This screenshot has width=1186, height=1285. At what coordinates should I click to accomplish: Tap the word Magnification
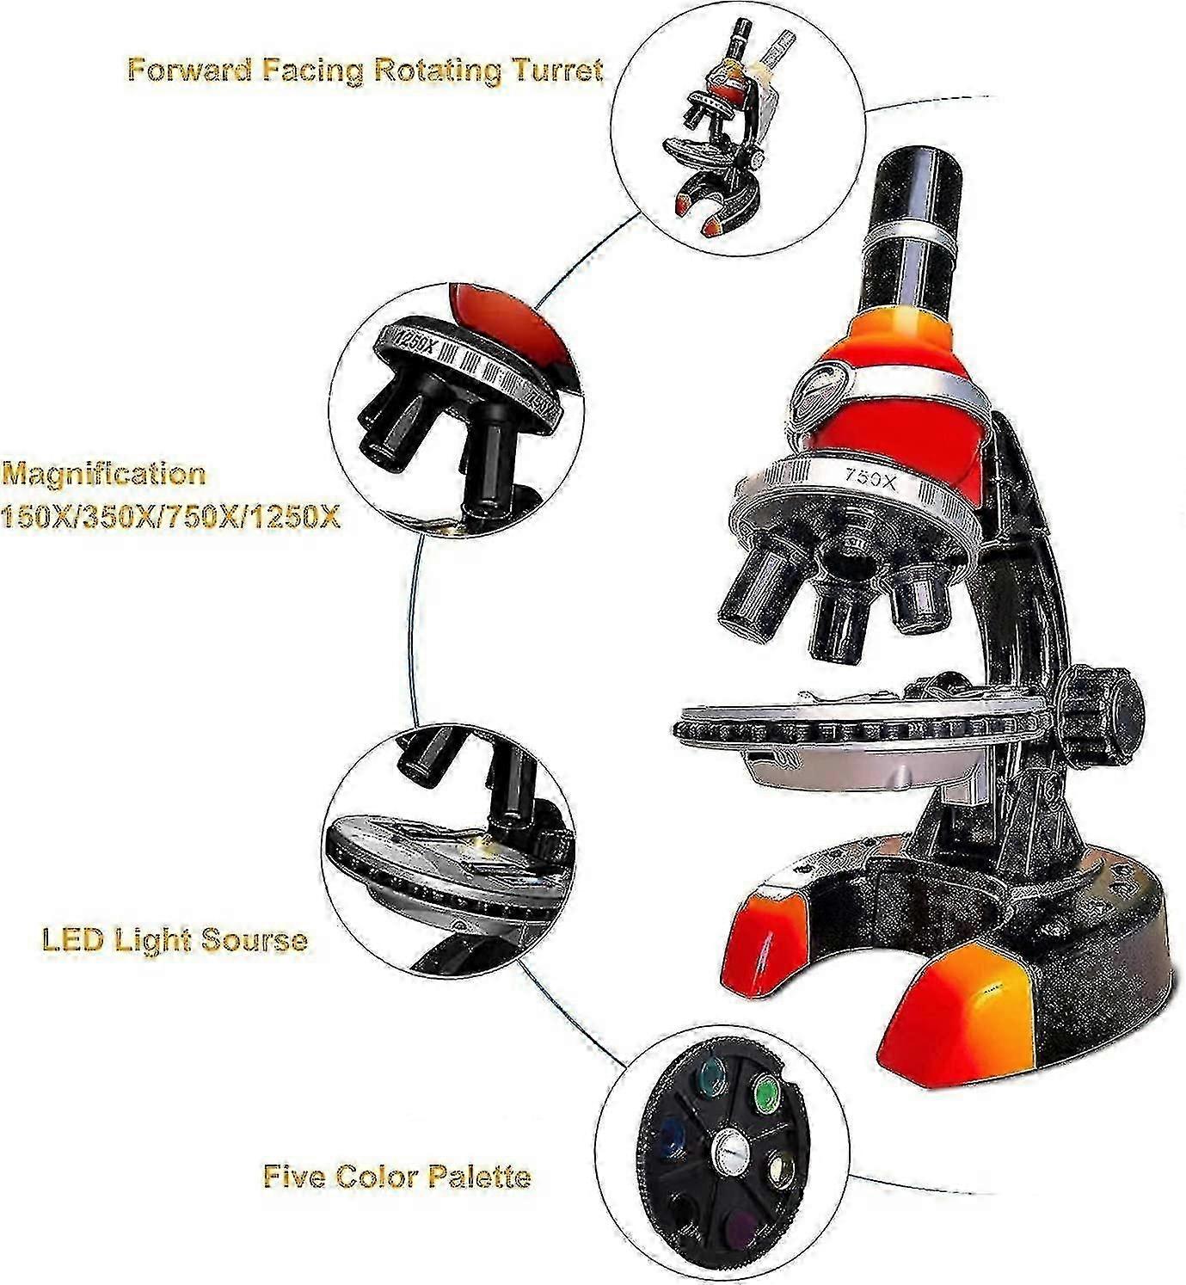(x=103, y=474)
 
